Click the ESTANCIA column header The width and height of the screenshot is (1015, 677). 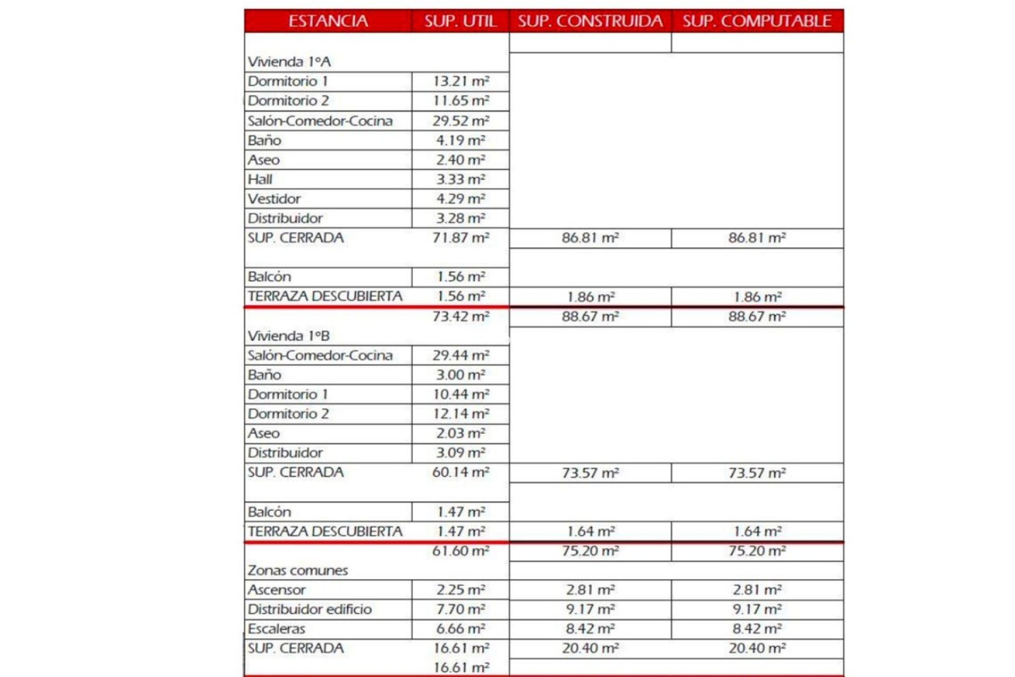pyautogui.click(x=328, y=21)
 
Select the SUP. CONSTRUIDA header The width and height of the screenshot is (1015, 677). pyautogui.click(x=590, y=21)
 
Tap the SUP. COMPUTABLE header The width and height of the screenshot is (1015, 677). pyautogui.click(x=756, y=21)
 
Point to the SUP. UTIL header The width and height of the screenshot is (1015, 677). pyautogui.click(x=460, y=21)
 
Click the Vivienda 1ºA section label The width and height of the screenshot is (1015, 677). pyautogui.click(x=289, y=62)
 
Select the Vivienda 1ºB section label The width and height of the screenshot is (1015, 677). pyautogui.click(x=289, y=336)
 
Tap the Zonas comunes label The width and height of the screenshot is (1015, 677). pyautogui.click(x=298, y=570)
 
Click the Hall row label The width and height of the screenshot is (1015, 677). pyautogui.click(x=260, y=179)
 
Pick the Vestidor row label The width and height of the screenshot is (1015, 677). pyautogui.click(x=274, y=199)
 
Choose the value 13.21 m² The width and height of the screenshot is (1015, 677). pyautogui.click(x=460, y=81)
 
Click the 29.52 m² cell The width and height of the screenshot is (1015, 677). pyautogui.click(x=460, y=121)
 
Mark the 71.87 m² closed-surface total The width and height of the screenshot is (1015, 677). pyautogui.click(x=460, y=238)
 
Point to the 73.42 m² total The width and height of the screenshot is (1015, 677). pyautogui.click(x=460, y=316)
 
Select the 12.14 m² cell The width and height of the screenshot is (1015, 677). pyautogui.click(x=460, y=414)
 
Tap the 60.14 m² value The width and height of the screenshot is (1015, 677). pyautogui.click(x=460, y=472)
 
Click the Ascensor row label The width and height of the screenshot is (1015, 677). pyautogui.click(x=276, y=590)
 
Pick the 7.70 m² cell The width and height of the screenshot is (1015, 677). pyautogui.click(x=460, y=609)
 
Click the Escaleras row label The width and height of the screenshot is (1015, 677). pyautogui.click(x=276, y=629)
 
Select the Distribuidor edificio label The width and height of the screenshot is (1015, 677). pyautogui.click(x=310, y=609)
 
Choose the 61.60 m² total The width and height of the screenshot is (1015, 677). pyautogui.click(x=460, y=551)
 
